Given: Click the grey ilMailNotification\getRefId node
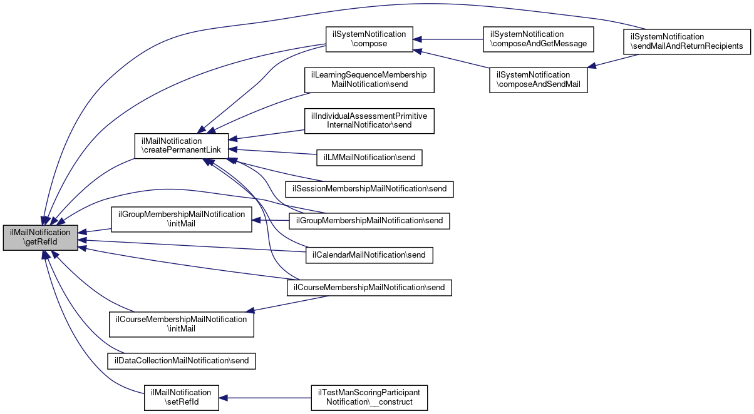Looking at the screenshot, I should [x=41, y=238].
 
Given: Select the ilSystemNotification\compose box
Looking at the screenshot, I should [x=368, y=39].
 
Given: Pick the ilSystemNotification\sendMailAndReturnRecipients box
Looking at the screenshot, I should [x=686, y=42].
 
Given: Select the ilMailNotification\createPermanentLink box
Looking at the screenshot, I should [x=182, y=146].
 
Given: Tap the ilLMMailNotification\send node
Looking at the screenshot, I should [x=369, y=158].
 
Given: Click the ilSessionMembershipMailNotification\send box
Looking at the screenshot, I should [x=369, y=188].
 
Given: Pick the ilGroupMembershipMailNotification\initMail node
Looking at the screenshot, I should [x=182, y=219].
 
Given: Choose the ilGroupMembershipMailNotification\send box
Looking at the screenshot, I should [x=369, y=221].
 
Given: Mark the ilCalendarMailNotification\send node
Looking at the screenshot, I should [x=369, y=255].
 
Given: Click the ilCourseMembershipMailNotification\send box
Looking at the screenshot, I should [x=369, y=288].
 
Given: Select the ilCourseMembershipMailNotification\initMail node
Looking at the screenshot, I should [x=182, y=324].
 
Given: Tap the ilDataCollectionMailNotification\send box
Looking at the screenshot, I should [x=182, y=360].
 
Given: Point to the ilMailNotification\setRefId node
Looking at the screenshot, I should [x=182, y=398].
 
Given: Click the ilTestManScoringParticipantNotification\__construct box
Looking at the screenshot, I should [x=369, y=398].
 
